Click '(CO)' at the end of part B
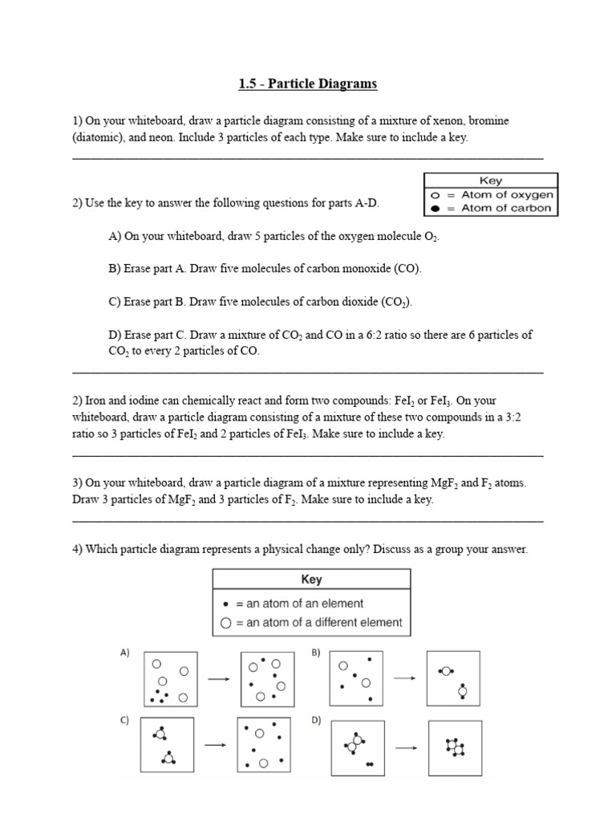406,268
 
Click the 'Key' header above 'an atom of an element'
311,580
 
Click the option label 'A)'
125,653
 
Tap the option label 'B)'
315,653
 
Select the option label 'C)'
125,720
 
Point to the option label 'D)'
315,720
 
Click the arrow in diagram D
406,747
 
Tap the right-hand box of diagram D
455,747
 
